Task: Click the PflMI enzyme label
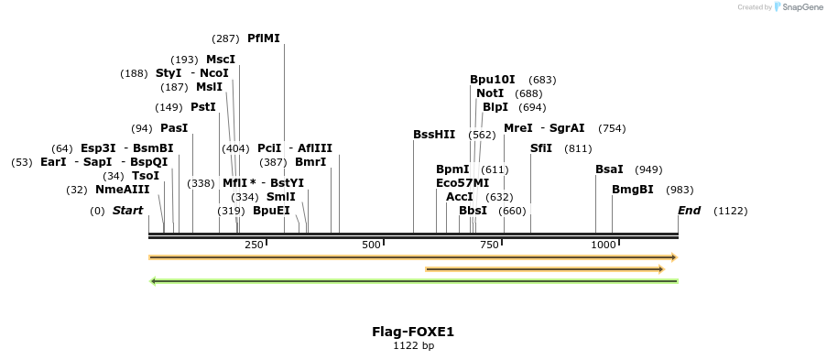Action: coord(264,38)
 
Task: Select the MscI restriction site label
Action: coord(221,60)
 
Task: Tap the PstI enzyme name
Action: coord(203,107)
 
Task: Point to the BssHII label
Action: coord(434,135)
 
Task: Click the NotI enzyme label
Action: coord(490,93)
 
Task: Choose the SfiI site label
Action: coord(541,148)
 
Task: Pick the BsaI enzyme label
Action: coord(609,169)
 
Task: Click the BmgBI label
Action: coord(633,190)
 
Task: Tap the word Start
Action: coord(128,211)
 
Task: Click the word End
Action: coord(689,211)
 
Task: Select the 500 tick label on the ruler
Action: coord(371,245)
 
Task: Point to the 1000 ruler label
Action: coord(604,245)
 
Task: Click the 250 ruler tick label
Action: coord(255,245)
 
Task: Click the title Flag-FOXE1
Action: coord(413,332)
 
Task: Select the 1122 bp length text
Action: coord(413,346)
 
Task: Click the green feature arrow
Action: coord(413,280)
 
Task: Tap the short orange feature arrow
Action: coord(544,269)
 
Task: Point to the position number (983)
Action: coord(680,190)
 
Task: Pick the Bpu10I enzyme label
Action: coord(493,80)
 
